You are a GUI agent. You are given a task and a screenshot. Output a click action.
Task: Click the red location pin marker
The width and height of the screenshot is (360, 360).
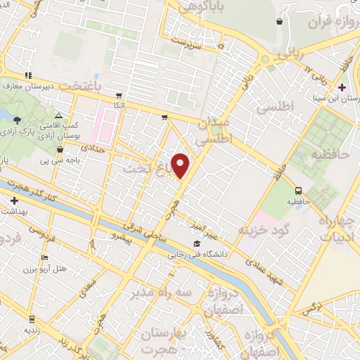coord(181,165)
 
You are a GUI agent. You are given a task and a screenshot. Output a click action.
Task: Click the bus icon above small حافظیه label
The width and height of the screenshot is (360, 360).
coord(299,191)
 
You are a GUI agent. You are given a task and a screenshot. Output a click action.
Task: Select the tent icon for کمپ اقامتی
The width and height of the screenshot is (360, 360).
coord(59,115)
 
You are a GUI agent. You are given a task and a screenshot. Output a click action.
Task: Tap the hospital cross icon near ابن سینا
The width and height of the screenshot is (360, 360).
coord(342,87)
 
